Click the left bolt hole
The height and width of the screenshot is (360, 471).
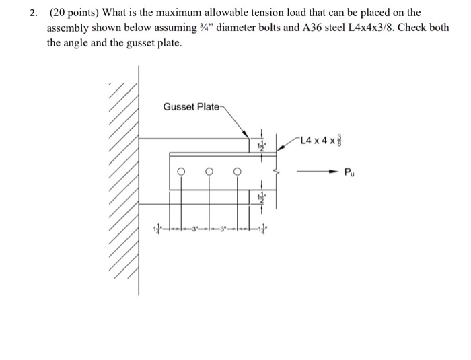pos(180,171)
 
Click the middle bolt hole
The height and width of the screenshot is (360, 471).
pos(209,171)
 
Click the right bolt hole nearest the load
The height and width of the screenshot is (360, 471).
pos(237,171)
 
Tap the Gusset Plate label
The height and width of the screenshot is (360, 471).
pos(190,107)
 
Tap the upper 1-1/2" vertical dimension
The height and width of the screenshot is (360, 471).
pos(262,144)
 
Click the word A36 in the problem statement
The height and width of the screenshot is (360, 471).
pos(305,28)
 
